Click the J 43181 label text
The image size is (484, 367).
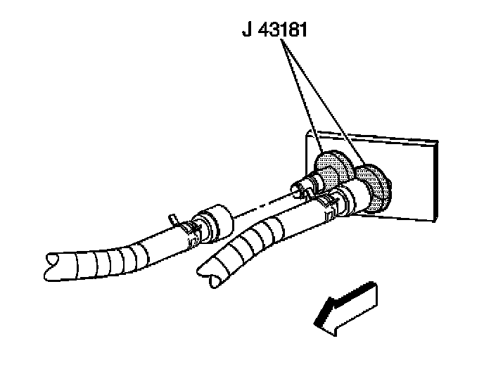pyautogui.click(x=274, y=31)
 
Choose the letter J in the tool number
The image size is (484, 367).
pyautogui.click(x=245, y=31)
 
